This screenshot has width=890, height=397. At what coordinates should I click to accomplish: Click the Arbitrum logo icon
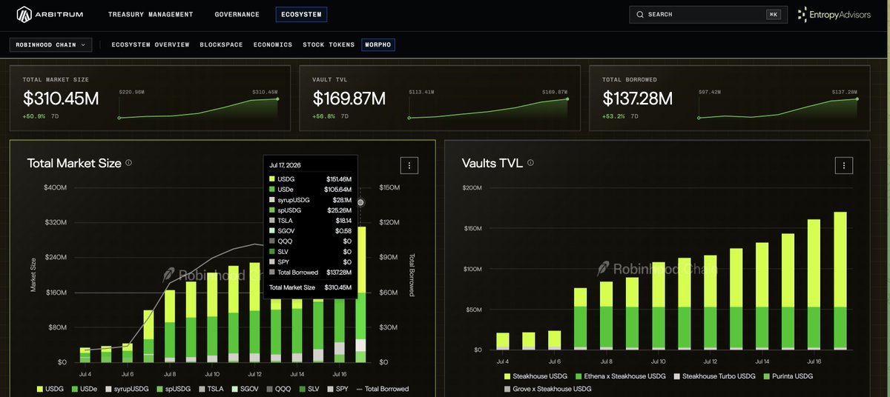24,15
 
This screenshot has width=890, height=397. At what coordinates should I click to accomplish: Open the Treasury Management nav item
151,15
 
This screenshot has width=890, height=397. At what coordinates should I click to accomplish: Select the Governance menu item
237,15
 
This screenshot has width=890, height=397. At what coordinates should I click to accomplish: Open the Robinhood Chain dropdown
51,45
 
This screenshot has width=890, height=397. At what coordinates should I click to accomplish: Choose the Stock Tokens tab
329,45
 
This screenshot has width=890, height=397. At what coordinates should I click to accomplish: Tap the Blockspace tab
221,45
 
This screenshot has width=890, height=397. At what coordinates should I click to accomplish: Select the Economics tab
273,45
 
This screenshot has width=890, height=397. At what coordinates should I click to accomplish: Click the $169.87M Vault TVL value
349,99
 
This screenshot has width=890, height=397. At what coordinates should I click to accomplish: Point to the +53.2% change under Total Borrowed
613,116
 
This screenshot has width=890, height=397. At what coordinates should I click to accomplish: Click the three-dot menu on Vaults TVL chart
844,165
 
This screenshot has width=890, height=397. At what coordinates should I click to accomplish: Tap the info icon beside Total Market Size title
129,163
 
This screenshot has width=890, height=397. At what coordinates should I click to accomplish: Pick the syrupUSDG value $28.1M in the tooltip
342,200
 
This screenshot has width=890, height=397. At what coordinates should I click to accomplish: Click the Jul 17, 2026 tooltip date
285,165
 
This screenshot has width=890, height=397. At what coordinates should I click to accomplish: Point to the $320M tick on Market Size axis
56,222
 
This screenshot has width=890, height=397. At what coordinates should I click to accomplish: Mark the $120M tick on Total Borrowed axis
389,222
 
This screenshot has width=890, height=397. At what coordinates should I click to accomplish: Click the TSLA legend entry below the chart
211,389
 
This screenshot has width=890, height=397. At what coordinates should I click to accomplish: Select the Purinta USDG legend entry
788,376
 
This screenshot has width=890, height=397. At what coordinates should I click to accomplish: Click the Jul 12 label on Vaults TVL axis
711,361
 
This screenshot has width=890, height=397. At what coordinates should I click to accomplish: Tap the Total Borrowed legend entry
383,389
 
